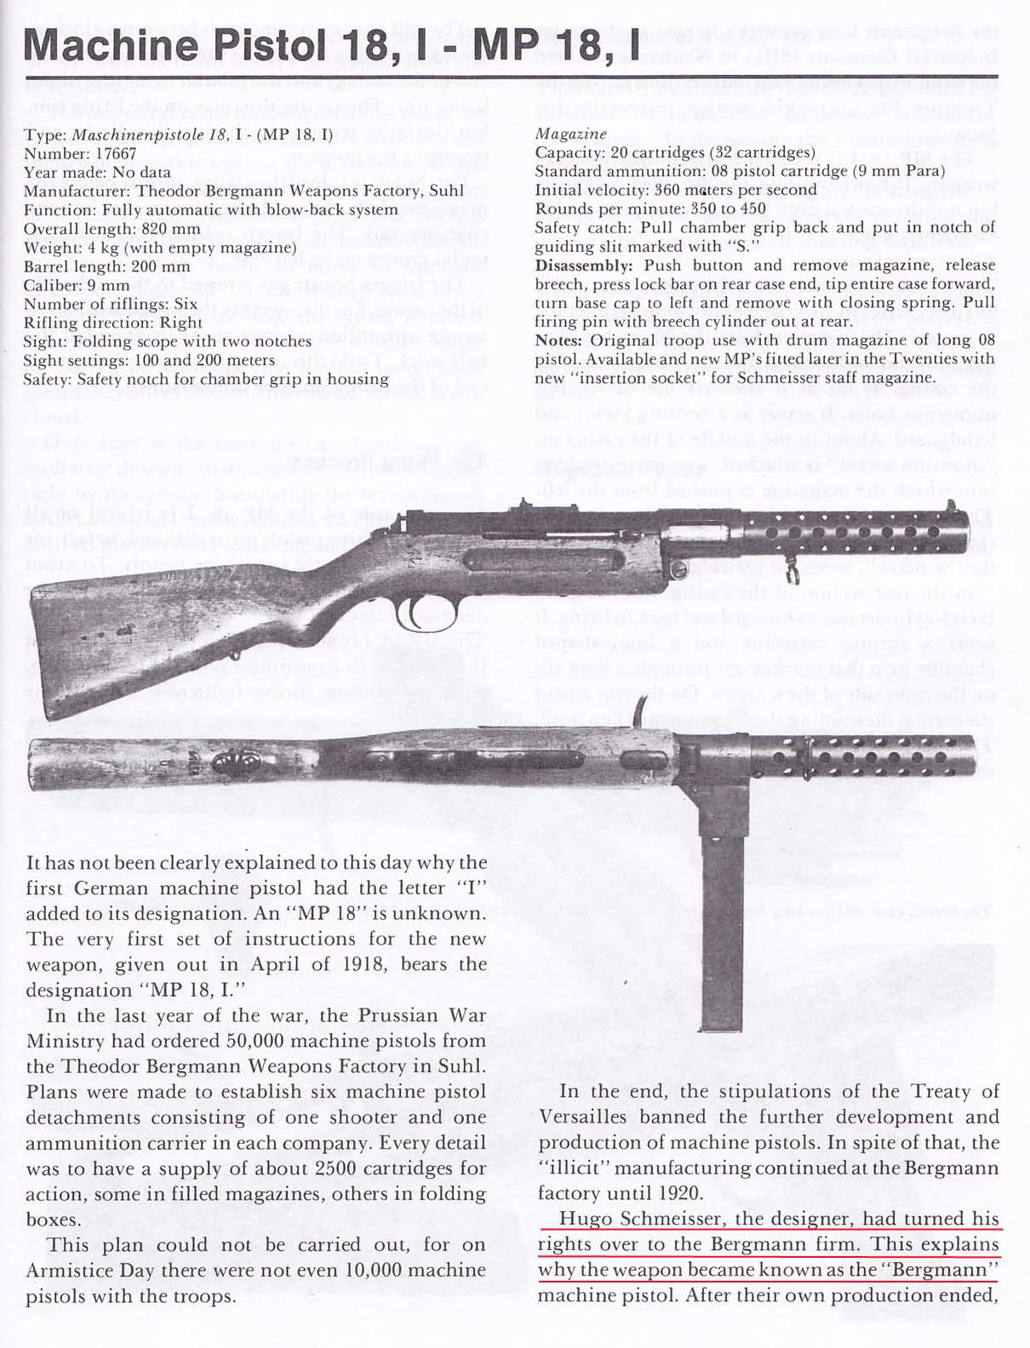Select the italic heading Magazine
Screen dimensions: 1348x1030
[x=570, y=134]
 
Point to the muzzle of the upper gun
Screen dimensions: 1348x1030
[x=987, y=544]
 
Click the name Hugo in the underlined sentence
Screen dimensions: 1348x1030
[x=576, y=1219]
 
